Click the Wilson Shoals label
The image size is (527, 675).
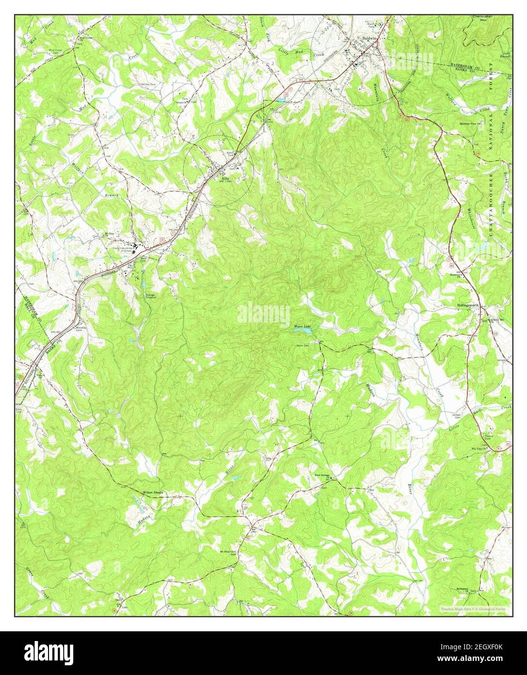point(152,492)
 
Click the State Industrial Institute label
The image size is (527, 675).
point(123,250)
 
